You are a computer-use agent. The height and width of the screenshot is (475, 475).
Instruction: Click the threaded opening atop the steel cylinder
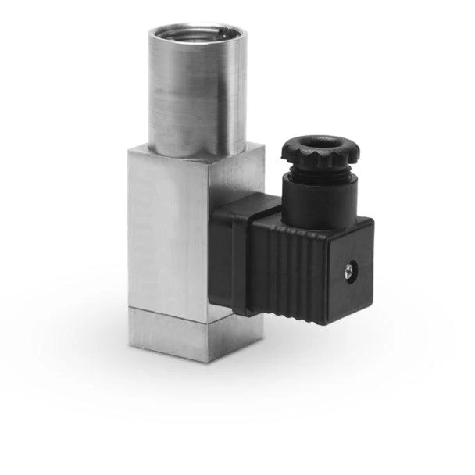(197, 34)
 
